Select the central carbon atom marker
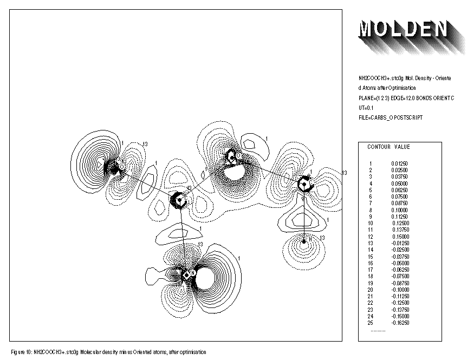click(179, 200)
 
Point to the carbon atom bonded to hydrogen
click(305, 184)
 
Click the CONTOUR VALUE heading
click(388, 147)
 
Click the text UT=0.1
click(360, 108)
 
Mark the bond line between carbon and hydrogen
click(304, 214)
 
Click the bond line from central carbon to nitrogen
click(183, 238)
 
